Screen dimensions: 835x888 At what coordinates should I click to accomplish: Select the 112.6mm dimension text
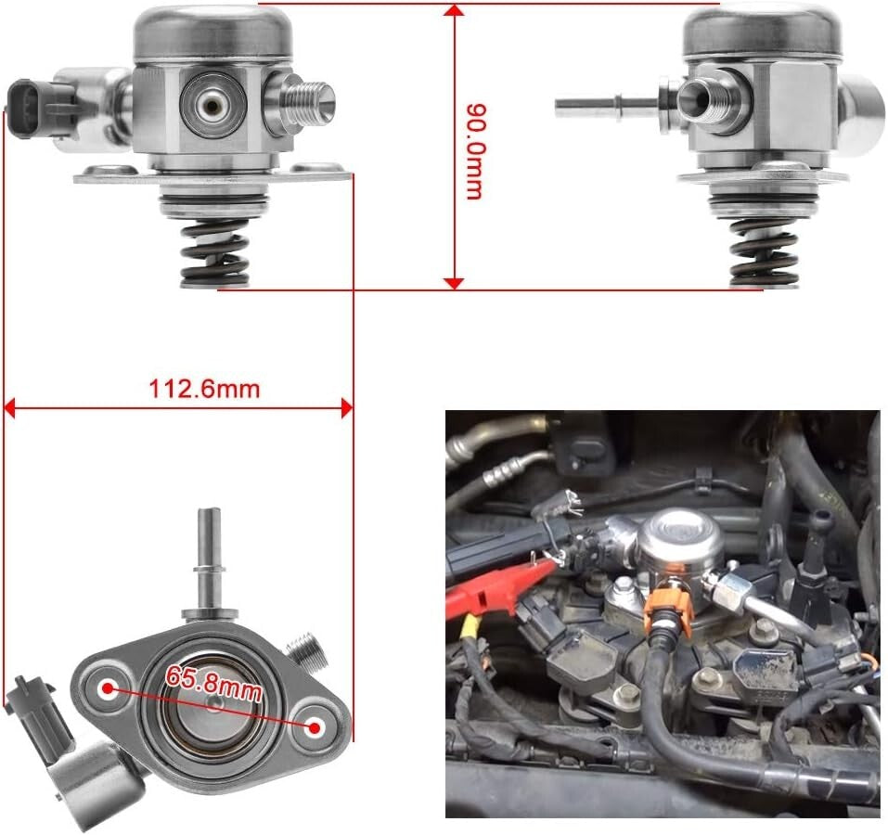click(204, 388)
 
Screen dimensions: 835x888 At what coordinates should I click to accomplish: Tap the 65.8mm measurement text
click(212, 675)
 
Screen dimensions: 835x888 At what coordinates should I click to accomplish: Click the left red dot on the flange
click(109, 687)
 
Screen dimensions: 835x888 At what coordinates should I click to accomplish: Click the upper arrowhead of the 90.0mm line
click(454, 11)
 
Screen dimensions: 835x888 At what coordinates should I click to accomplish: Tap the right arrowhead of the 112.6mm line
click(346, 407)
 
